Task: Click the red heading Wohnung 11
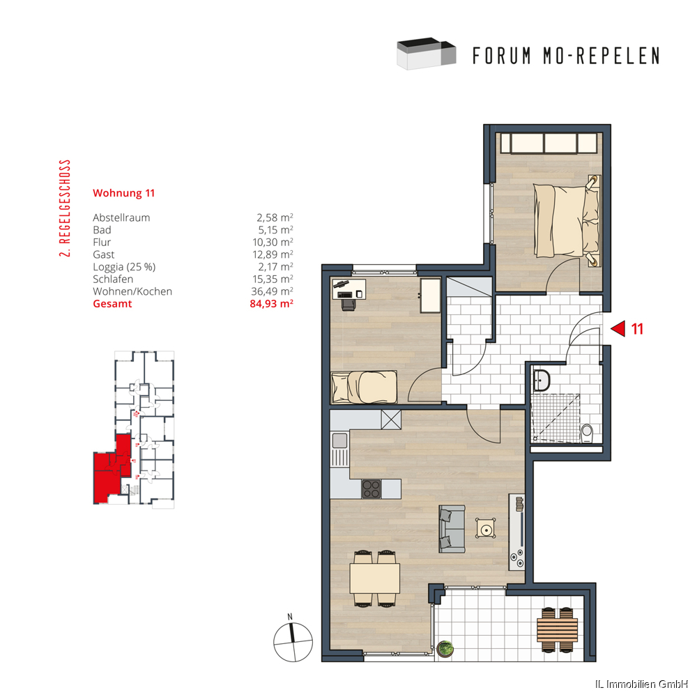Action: click(123, 193)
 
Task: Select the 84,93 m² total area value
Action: click(271, 304)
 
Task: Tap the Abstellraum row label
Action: click(121, 217)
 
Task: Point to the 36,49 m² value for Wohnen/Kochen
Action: click(272, 291)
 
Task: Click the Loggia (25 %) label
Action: click(124, 267)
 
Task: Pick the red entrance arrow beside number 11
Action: click(618, 328)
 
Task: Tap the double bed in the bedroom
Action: click(567, 221)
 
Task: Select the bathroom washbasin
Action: click(542, 380)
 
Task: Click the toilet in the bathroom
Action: click(587, 433)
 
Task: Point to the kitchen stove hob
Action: click(372, 489)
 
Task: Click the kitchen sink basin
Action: click(339, 441)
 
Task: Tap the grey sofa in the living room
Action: click(452, 528)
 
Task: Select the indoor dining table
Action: click(375, 578)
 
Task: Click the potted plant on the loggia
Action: click(445, 648)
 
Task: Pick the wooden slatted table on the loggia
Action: click(558, 629)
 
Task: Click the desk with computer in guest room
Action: click(349, 289)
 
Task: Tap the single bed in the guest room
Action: click(364, 387)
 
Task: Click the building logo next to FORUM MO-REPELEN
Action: click(427, 54)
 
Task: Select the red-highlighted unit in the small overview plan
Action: click(111, 469)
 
